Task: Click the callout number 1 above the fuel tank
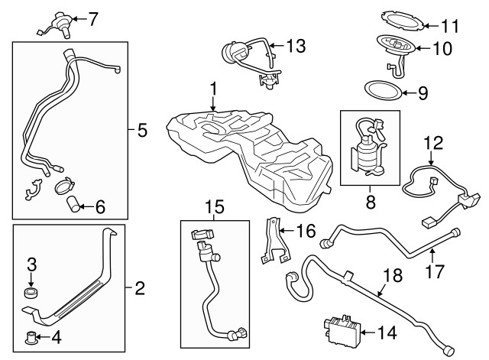215,89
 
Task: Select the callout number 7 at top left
93,19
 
